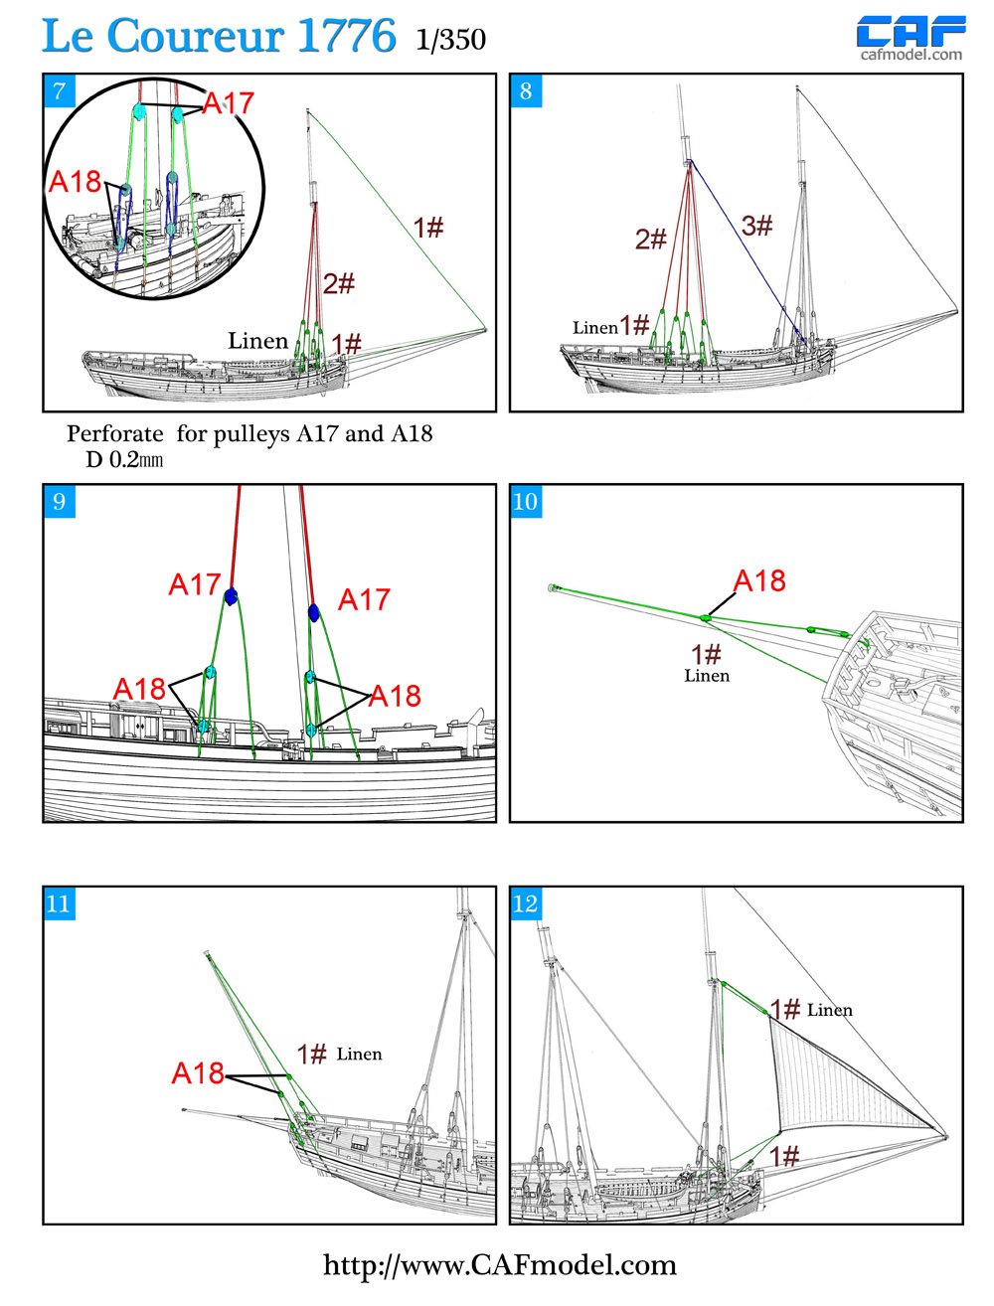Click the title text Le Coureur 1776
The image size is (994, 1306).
click(x=219, y=37)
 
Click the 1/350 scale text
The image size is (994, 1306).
click(x=451, y=40)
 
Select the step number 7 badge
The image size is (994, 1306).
click(x=60, y=91)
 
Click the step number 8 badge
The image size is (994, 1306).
click(x=526, y=91)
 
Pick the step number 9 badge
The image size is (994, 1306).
click(x=60, y=501)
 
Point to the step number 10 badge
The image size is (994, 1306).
click(x=526, y=501)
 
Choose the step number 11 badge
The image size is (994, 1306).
click(x=60, y=902)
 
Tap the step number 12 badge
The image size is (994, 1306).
click(x=526, y=902)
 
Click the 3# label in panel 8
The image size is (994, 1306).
click(x=756, y=226)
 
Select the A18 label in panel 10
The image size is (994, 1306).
click(x=759, y=580)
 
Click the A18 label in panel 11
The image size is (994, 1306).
click(x=198, y=1073)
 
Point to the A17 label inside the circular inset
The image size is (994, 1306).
click(x=229, y=102)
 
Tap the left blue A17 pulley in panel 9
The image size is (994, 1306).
click(x=232, y=596)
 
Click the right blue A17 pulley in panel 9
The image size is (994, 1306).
click(x=315, y=612)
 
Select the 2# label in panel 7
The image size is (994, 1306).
click(x=338, y=283)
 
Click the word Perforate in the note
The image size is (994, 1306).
click(x=114, y=434)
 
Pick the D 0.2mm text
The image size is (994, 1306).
click(x=124, y=460)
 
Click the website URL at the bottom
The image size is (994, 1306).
click(x=499, y=1265)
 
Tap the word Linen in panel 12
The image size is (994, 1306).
click(x=830, y=1010)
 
